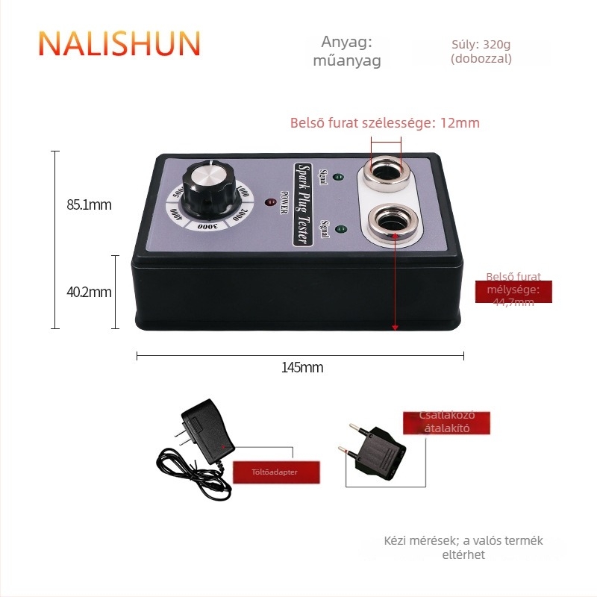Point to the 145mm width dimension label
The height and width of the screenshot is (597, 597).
click(x=301, y=368)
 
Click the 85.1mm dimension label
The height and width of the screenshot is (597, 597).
click(x=89, y=204)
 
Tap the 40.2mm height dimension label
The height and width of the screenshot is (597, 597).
click(x=89, y=292)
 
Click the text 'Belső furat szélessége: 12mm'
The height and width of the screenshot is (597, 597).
click(x=384, y=123)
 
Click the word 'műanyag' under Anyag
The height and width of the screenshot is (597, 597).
click(x=346, y=61)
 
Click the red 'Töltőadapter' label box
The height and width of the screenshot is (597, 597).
click(x=276, y=472)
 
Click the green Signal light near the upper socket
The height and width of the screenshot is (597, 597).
click(x=337, y=178)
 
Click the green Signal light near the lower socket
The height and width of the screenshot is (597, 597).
click(x=340, y=228)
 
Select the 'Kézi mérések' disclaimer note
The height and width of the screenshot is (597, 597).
click(x=463, y=548)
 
